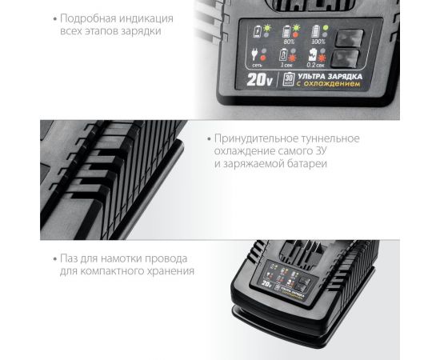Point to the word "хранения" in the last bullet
click(x=172, y=272)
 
